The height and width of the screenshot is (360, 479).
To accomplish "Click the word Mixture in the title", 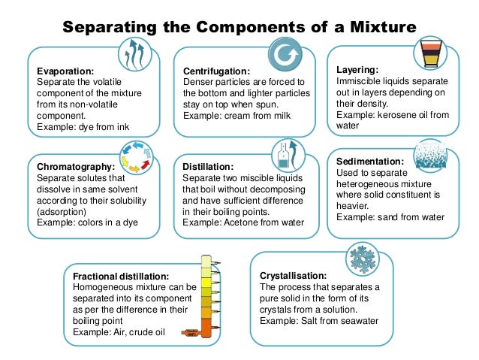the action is (383, 27).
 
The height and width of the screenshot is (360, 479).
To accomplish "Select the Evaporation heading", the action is (65, 71).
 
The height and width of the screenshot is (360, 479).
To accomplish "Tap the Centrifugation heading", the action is (216, 71).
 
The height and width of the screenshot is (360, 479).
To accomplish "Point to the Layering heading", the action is (357, 70).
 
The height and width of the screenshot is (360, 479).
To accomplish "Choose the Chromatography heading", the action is (76, 167).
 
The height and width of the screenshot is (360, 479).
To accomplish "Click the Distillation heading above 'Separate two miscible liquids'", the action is (208, 167).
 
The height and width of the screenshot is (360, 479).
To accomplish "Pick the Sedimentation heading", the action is (370, 161).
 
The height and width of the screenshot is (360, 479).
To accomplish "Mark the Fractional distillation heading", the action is (121, 276).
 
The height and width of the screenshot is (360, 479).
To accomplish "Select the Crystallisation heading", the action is (294, 276).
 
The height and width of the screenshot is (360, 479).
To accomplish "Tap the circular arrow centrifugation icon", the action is (285, 55).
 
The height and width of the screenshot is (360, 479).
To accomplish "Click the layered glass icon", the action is (430, 53).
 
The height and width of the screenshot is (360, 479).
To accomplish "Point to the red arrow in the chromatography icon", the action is (145, 164).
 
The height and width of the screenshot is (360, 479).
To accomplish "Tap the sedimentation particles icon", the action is (430, 155).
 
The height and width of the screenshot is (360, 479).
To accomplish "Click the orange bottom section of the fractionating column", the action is (206, 328).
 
